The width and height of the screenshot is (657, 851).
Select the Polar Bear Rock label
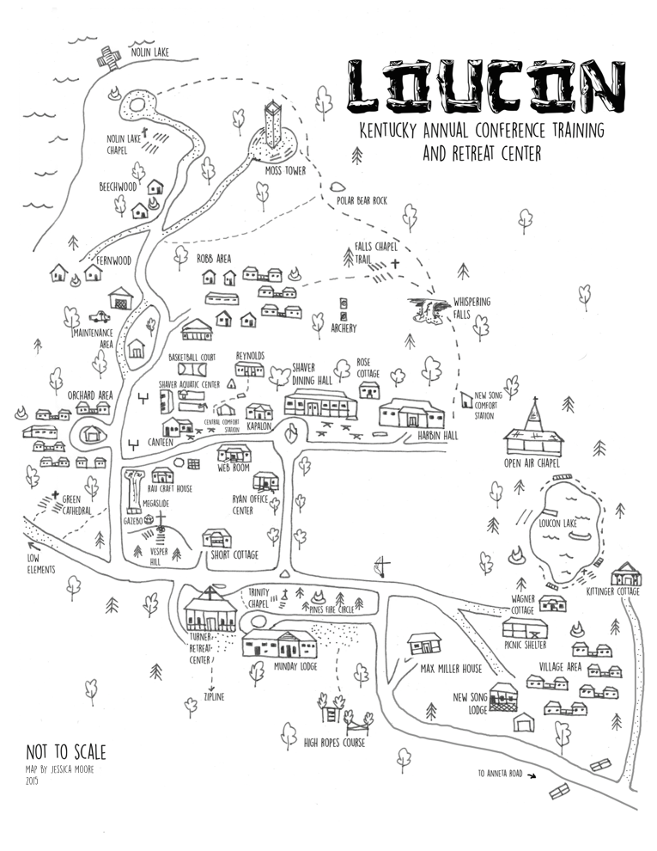[361, 200]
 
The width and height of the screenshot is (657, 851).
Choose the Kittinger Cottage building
[626, 574]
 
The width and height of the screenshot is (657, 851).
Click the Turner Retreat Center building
[210, 612]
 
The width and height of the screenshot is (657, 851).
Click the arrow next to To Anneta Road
[532, 775]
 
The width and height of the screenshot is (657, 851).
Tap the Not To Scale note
[66, 753]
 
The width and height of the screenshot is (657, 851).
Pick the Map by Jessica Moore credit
[60, 769]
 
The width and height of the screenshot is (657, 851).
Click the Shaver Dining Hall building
[320, 402]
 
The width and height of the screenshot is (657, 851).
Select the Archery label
[344, 328]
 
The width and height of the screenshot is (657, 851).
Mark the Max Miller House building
[424, 643]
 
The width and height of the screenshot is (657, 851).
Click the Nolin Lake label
[149, 52]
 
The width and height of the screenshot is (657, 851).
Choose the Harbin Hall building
[411, 414]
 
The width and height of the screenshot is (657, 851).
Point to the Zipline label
[214, 696]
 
